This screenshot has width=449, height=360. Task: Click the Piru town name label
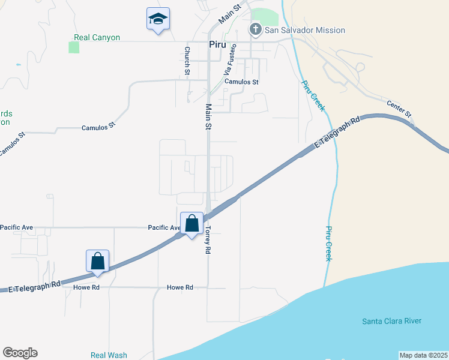pyautogui.click(x=217, y=44)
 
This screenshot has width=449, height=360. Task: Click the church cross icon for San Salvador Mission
pyautogui.click(x=255, y=29)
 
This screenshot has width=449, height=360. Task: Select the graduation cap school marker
pyautogui.click(x=158, y=19)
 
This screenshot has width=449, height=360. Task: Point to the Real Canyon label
pyautogui.click(x=97, y=37)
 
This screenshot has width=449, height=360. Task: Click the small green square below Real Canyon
pyautogui.click(x=74, y=47)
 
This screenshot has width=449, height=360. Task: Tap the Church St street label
pyautogui.click(x=187, y=61)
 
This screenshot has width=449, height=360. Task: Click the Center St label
pyautogui.click(x=399, y=109)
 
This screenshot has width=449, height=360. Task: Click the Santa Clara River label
pyautogui.click(x=391, y=321)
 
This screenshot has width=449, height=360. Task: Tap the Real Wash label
pyautogui.click(x=109, y=355)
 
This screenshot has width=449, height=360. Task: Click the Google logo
pyautogui.click(x=20, y=353)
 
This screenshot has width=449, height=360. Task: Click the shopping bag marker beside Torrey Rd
pyautogui.click(x=191, y=224)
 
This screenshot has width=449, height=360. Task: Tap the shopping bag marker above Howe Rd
pyautogui.click(x=98, y=262)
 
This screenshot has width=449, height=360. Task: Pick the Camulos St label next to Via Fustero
pyautogui.click(x=241, y=82)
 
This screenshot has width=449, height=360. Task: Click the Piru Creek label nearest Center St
pyautogui.click(x=313, y=95)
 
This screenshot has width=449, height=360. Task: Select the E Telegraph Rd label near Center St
pyautogui.click(x=337, y=134)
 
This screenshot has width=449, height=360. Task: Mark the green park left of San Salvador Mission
pyautogui.click(x=265, y=17)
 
